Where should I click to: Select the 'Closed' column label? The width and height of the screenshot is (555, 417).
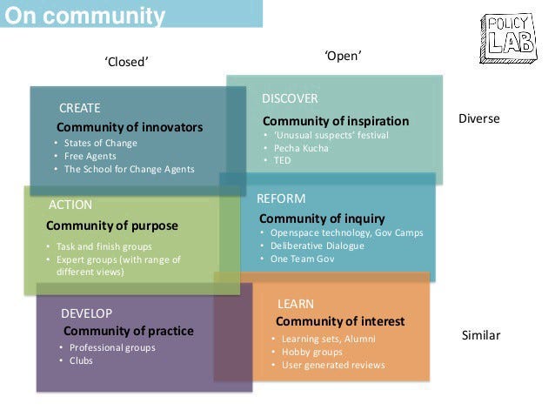(x=127, y=61)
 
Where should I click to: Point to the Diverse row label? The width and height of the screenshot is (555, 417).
(x=478, y=118)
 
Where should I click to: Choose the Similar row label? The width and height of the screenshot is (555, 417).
(x=481, y=334)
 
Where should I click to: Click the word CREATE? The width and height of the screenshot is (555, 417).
(x=80, y=108)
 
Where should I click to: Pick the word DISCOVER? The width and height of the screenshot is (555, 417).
(x=290, y=98)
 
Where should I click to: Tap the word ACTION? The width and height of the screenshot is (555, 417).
(x=70, y=205)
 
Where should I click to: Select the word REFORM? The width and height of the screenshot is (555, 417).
(x=281, y=198)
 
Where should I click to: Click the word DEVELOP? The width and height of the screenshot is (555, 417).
(x=86, y=313)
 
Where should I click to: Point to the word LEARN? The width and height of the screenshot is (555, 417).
(x=296, y=303)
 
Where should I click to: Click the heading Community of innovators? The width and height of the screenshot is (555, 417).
(x=130, y=127)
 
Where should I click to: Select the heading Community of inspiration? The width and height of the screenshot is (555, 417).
(x=335, y=120)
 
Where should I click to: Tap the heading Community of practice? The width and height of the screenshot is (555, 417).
(x=129, y=331)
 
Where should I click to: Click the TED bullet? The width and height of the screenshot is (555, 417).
(x=282, y=160)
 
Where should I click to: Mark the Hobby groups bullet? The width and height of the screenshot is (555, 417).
(x=311, y=352)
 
